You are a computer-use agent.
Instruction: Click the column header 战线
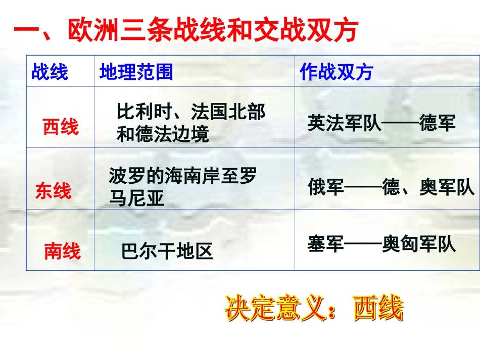(50, 72)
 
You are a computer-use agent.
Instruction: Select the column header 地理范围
(136, 72)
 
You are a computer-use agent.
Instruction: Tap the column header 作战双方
(336, 72)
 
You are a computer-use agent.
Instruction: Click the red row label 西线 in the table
(61, 127)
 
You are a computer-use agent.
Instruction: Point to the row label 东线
(53, 191)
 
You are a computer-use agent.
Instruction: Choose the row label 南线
(62, 250)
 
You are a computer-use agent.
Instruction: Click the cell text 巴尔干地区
(167, 251)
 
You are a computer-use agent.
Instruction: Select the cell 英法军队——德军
(381, 123)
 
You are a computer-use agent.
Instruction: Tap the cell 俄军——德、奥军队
(391, 188)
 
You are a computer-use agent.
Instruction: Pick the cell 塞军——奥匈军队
(381, 244)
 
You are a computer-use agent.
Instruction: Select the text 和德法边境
(163, 134)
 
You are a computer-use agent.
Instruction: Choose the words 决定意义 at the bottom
(274, 308)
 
